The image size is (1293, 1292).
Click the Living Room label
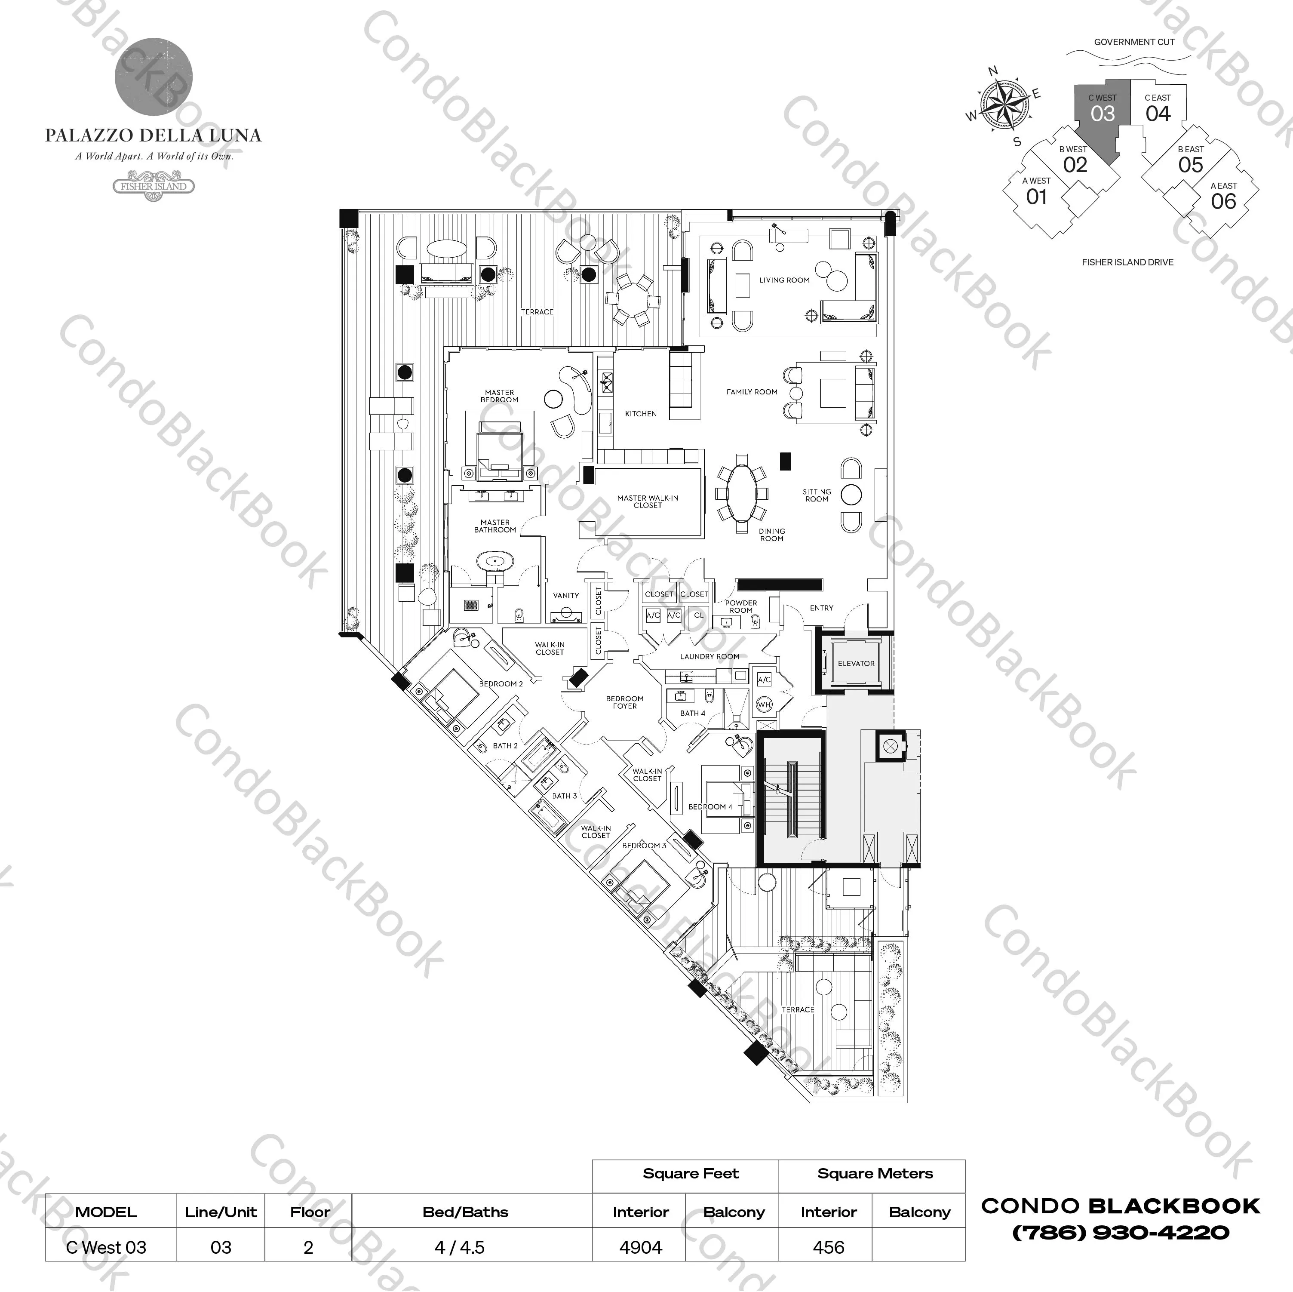(784, 280)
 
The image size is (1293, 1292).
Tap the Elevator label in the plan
(856, 663)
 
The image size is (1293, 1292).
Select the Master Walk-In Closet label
(647, 501)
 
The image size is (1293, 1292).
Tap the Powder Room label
(741, 606)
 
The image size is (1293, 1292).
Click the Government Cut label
(1134, 42)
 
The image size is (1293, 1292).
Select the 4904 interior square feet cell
(640, 1247)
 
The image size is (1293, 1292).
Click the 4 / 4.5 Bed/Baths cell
(459, 1247)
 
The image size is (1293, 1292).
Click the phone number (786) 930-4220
(1120, 1232)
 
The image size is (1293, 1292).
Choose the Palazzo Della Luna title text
(153, 136)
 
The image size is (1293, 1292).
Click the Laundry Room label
(709, 657)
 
